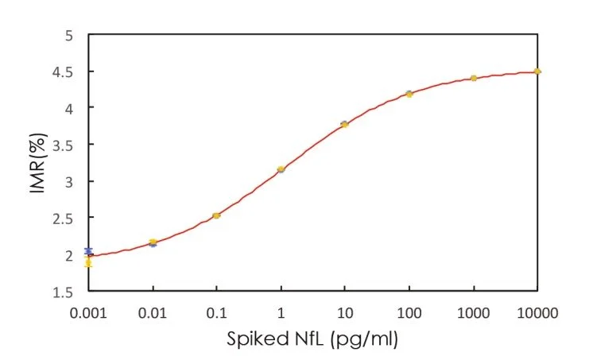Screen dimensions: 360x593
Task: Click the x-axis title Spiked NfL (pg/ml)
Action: [312, 339]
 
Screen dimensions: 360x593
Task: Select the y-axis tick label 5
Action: [72, 36]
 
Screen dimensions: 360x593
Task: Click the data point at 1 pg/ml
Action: [281, 169]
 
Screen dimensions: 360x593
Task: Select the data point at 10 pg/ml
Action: [344, 124]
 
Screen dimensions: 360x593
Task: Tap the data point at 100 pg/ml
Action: [409, 94]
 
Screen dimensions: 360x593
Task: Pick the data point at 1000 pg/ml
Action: [473, 78]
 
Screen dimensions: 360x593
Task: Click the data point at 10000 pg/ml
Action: [537, 72]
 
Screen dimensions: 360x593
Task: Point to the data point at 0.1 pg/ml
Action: [216, 215]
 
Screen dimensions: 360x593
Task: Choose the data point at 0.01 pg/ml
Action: [153, 242]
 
